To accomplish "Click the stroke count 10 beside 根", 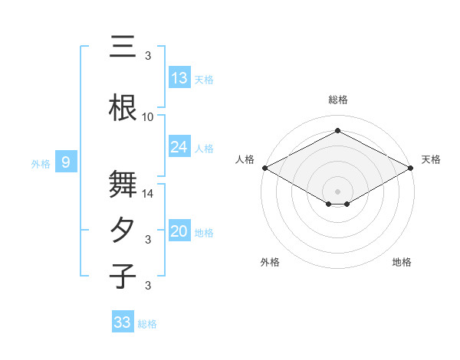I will (148, 117).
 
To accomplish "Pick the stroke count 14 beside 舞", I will (148, 194).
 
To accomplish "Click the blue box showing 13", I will (179, 78).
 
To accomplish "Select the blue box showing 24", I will (179, 147).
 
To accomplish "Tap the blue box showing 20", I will (179, 232).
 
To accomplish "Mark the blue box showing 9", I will (67, 162).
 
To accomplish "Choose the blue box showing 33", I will (123, 322).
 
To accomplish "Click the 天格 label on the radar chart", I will (431, 159).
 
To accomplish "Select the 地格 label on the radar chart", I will (402, 262).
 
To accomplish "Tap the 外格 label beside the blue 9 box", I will (41, 163).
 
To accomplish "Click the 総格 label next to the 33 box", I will (147, 324).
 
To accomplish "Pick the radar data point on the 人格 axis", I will (264, 168).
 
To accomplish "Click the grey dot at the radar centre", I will (337, 190).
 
